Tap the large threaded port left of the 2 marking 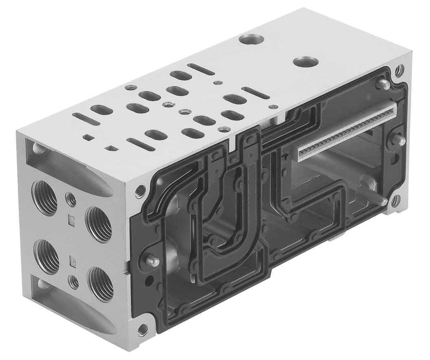tap(45, 198)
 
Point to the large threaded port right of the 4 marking tap(100, 284)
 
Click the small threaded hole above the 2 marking tap(71, 199)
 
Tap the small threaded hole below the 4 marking tap(74, 281)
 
